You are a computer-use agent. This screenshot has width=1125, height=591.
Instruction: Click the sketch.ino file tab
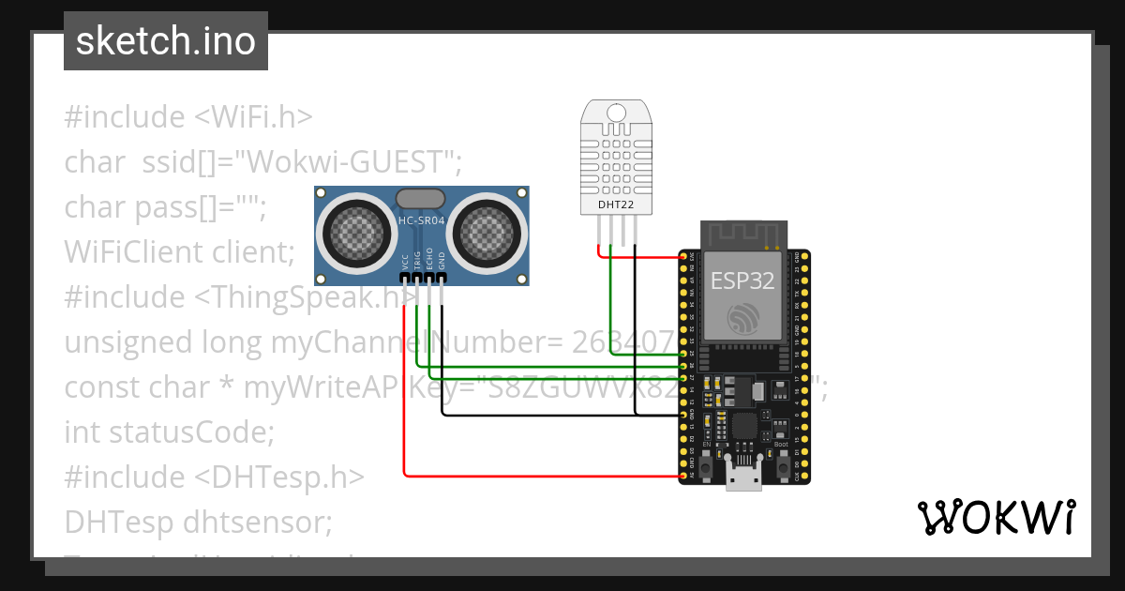[165, 41]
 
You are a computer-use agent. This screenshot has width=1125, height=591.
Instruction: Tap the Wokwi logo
[996, 518]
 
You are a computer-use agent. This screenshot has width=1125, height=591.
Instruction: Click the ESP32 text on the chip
[742, 280]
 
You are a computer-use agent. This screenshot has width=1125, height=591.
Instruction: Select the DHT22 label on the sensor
[616, 204]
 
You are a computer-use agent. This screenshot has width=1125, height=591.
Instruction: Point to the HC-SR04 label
[421, 221]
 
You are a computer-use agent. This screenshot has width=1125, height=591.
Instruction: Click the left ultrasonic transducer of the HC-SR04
[355, 230]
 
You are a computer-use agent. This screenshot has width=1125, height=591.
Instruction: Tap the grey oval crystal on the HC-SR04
[421, 198]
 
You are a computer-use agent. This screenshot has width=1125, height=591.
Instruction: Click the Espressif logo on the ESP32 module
[742, 318]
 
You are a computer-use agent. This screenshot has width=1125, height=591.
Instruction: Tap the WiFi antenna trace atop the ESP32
[742, 234]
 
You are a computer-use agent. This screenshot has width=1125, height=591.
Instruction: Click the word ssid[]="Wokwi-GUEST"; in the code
[302, 162]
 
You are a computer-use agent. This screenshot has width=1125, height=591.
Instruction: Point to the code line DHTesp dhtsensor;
[198, 521]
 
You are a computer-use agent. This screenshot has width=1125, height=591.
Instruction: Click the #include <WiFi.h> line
[188, 117]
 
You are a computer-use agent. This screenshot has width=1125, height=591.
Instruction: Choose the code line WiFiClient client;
[180, 251]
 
